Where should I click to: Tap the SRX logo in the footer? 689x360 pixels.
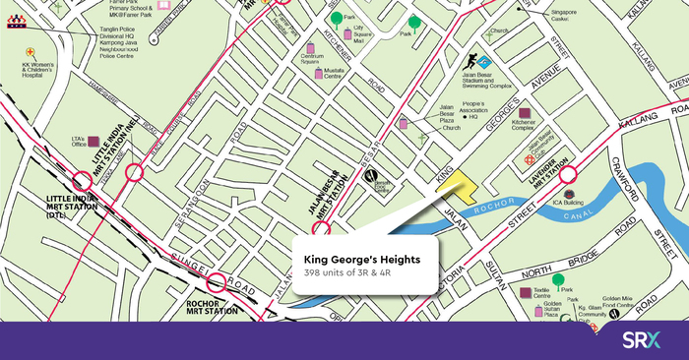click(643, 340)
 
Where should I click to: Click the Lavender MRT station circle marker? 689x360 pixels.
click(571, 188)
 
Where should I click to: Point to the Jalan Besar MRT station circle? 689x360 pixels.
click(320, 230)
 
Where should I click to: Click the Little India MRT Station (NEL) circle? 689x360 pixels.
click(135, 173)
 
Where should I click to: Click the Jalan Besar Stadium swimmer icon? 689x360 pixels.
click(470, 62)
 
